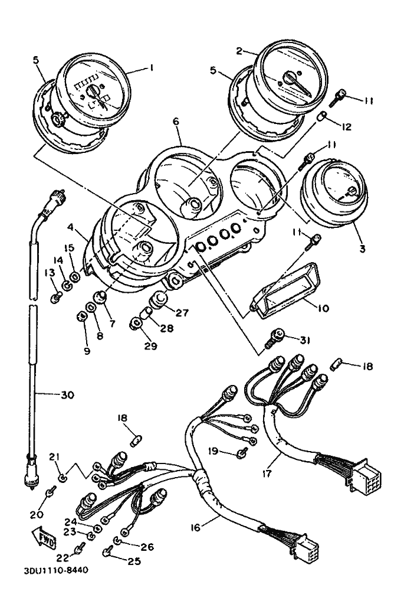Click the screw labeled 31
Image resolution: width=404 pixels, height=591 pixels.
click(x=275, y=339)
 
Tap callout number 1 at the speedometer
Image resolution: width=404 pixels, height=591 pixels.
click(x=152, y=68)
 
